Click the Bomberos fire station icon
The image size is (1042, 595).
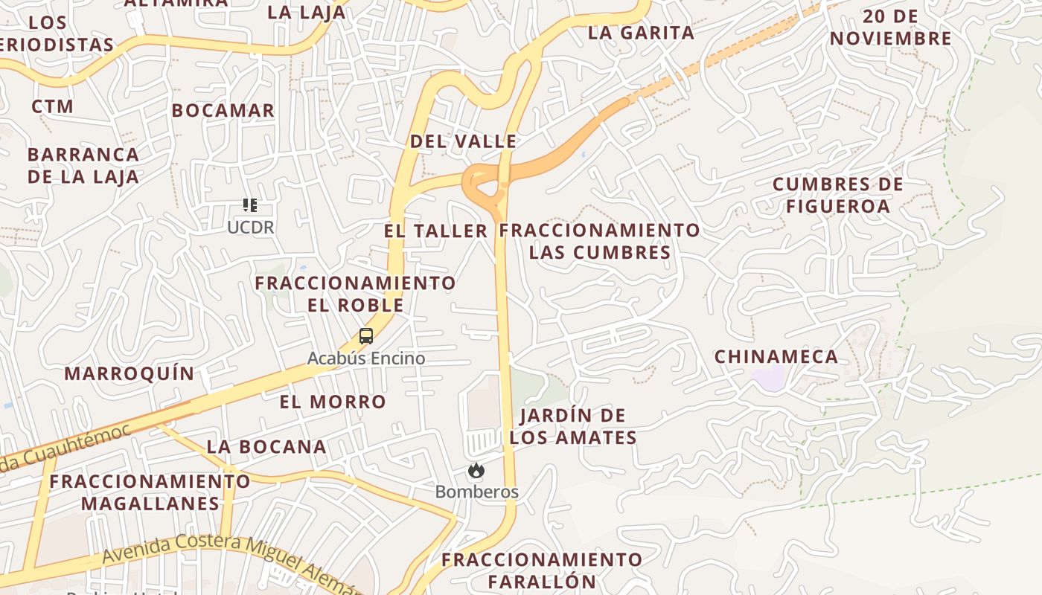point(476,470)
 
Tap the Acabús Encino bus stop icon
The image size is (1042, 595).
point(365,336)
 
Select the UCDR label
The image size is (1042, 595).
point(251,228)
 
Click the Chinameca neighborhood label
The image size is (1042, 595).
point(776,357)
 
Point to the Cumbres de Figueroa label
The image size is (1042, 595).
point(838,195)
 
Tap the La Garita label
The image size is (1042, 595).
point(641,33)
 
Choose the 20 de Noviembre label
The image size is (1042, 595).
point(891,28)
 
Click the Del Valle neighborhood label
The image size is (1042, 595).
point(463,141)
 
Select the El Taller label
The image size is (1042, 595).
point(436,231)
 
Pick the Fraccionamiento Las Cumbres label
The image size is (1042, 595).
point(600,241)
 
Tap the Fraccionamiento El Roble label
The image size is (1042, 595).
point(356,294)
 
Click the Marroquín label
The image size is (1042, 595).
point(130,373)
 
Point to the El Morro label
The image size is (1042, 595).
point(333,402)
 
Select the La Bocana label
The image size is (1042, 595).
point(266,447)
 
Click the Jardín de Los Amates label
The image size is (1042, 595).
point(573,426)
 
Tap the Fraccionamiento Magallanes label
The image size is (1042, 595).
point(150,492)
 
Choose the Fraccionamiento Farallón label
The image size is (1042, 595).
point(542,570)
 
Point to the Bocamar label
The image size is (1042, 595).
point(223,111)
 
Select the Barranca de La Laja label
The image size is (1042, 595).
point(83,165)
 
